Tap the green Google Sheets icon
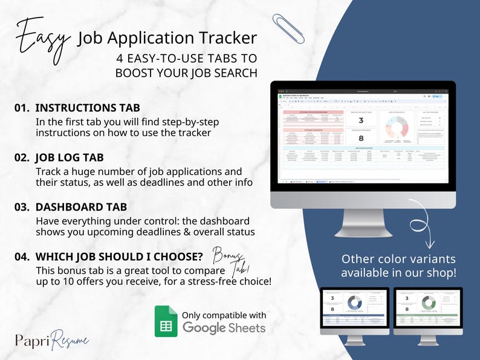coord(165,321)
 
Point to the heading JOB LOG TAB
coord(70,158)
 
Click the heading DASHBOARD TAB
coord(80,207)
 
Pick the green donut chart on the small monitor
coord(429,303)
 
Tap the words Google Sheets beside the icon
coord(224,328)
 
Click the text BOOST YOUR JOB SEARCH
coord(186,73)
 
